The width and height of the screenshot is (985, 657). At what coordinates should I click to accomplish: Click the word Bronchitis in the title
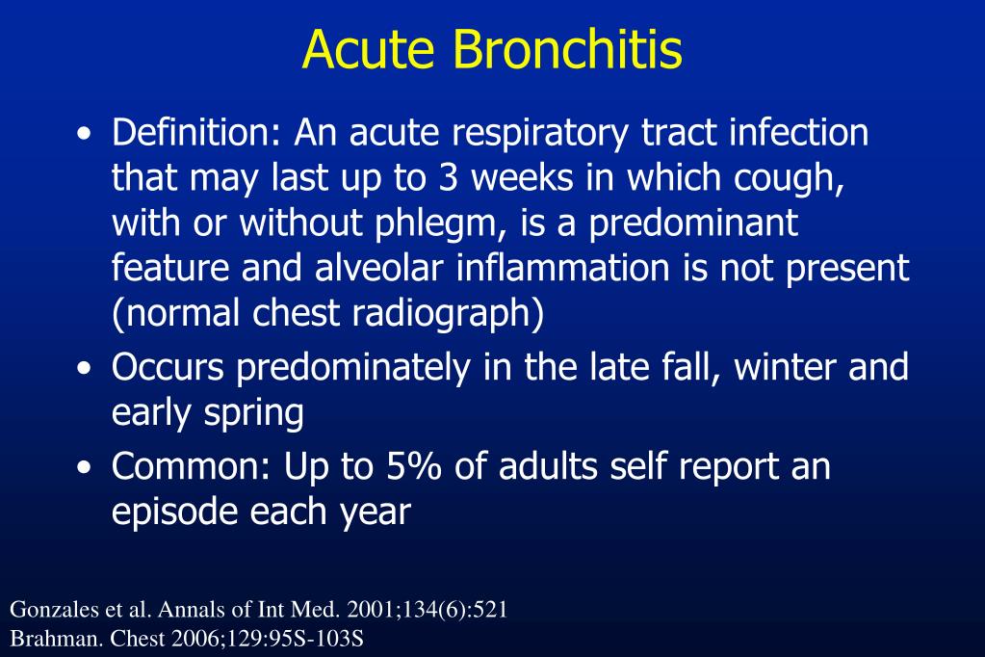click(568, 50)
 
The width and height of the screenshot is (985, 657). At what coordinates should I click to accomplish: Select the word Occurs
click(169, 367)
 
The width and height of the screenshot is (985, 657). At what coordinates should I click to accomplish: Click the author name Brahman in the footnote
click(45, 638)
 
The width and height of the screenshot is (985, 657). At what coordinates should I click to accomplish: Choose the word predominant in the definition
click(694, 223)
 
